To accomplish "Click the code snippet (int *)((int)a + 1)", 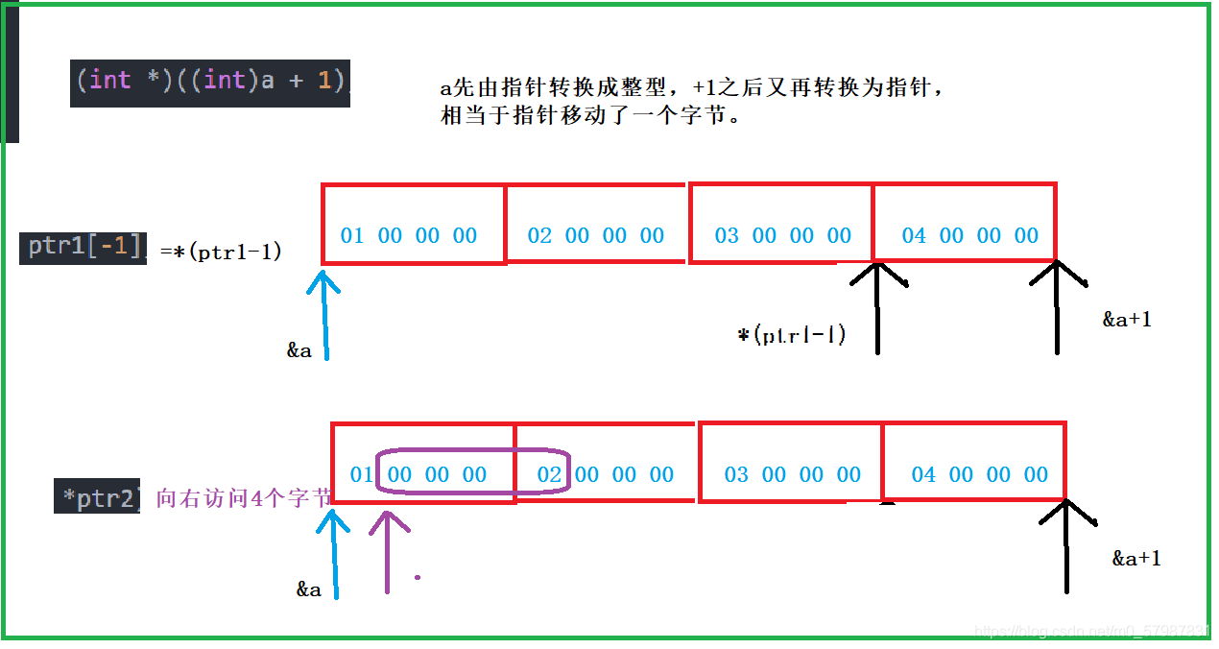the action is [210, 81].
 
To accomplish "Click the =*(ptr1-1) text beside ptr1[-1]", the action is [221, 252].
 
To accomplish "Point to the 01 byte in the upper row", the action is [352, 236].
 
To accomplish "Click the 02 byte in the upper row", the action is [539, 236].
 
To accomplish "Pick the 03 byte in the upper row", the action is [727, 236].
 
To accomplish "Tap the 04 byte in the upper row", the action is [914, 236].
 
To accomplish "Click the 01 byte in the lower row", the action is [361, 474].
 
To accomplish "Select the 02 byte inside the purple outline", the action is [548, 474].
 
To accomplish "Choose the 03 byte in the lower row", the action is [736, 474].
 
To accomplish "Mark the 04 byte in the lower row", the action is [923, 474].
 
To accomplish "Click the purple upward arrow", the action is [387, 552].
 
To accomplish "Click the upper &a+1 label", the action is [1126, 320].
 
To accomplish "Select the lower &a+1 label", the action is [1136, 558].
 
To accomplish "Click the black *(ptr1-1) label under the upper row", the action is [792, 336].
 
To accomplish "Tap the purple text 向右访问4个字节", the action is [243, 498].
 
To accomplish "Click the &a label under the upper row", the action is [299, 350].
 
